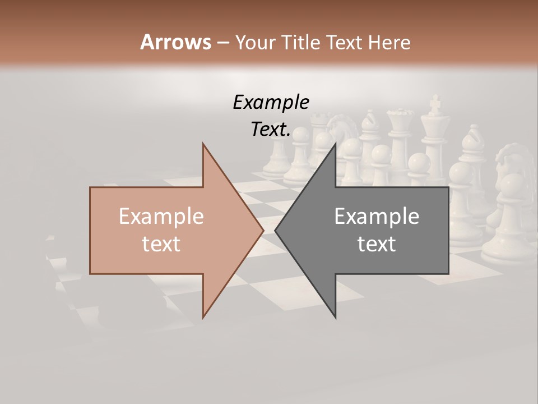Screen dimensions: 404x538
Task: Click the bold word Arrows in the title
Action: [176, 42]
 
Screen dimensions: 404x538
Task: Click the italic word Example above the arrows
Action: [271, 102]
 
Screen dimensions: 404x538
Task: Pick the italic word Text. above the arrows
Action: [271, 129]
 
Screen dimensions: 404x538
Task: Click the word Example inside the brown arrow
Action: [161, 217]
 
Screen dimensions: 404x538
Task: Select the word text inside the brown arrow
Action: [161, 244]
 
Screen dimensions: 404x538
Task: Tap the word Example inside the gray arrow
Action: [377, 217]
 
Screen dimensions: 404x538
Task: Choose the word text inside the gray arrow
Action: [377, 244]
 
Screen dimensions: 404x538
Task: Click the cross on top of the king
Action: [434, 104]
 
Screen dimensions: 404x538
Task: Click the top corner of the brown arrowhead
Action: [203, 144]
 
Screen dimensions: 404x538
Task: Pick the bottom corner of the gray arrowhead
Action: [335, 317]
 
